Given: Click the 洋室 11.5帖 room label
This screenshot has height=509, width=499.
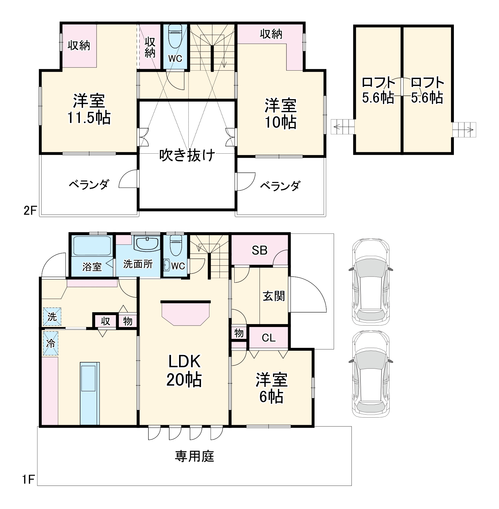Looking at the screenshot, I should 89,109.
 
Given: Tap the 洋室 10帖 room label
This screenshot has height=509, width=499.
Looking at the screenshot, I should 280,114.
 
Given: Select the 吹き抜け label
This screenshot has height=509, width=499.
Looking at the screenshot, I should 187,155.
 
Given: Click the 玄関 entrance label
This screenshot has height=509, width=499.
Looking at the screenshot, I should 274,296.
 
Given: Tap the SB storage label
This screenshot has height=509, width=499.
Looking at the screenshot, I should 259,250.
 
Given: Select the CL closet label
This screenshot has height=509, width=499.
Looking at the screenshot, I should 268,338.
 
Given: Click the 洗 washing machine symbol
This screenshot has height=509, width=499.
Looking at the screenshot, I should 52,317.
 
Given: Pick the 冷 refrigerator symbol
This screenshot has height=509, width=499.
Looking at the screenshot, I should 51,343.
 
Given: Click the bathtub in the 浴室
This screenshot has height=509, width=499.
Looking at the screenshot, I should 92,246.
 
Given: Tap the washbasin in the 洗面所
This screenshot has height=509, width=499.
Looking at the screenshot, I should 147,244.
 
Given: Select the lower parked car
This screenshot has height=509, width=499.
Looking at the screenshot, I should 371,374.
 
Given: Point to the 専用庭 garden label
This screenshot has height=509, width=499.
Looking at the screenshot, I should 194,456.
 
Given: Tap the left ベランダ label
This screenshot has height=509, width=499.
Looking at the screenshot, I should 89,184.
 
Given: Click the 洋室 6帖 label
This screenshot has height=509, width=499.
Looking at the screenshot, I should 271,388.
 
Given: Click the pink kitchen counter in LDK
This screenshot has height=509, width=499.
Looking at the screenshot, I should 185,314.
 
